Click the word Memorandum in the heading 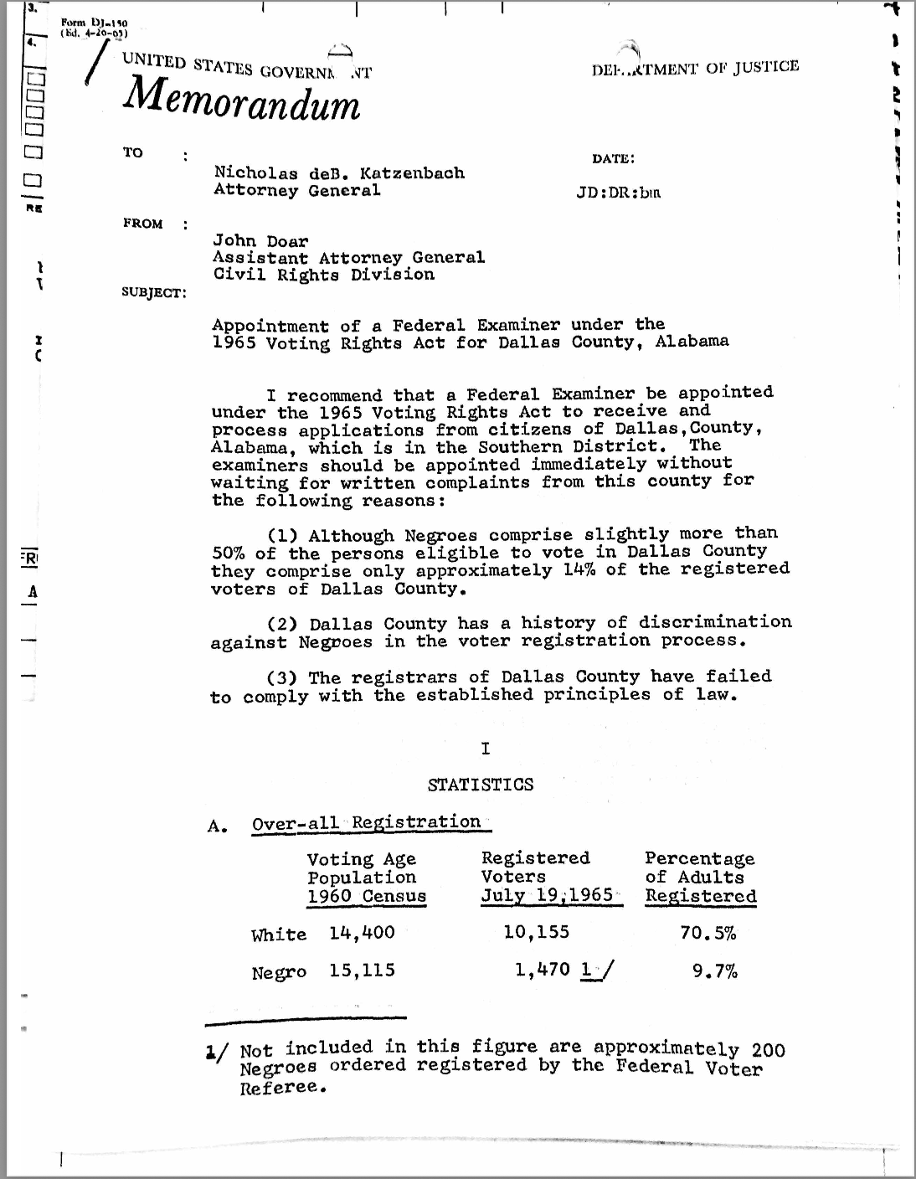(241, 103)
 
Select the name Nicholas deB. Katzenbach (339, 172)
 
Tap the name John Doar (260, 241)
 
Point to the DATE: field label (613, 158)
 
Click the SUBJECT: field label (155, 292)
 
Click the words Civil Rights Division (323, 275)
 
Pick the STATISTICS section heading (480, 785)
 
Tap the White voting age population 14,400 (362, 932)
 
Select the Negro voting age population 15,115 (362, 971)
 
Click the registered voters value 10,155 (536, 931)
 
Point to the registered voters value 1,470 (543, 970)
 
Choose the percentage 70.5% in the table (708, 932)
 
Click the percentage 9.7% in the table (714, 971)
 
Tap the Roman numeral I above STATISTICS (485, 749)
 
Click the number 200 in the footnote (768, 1049)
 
